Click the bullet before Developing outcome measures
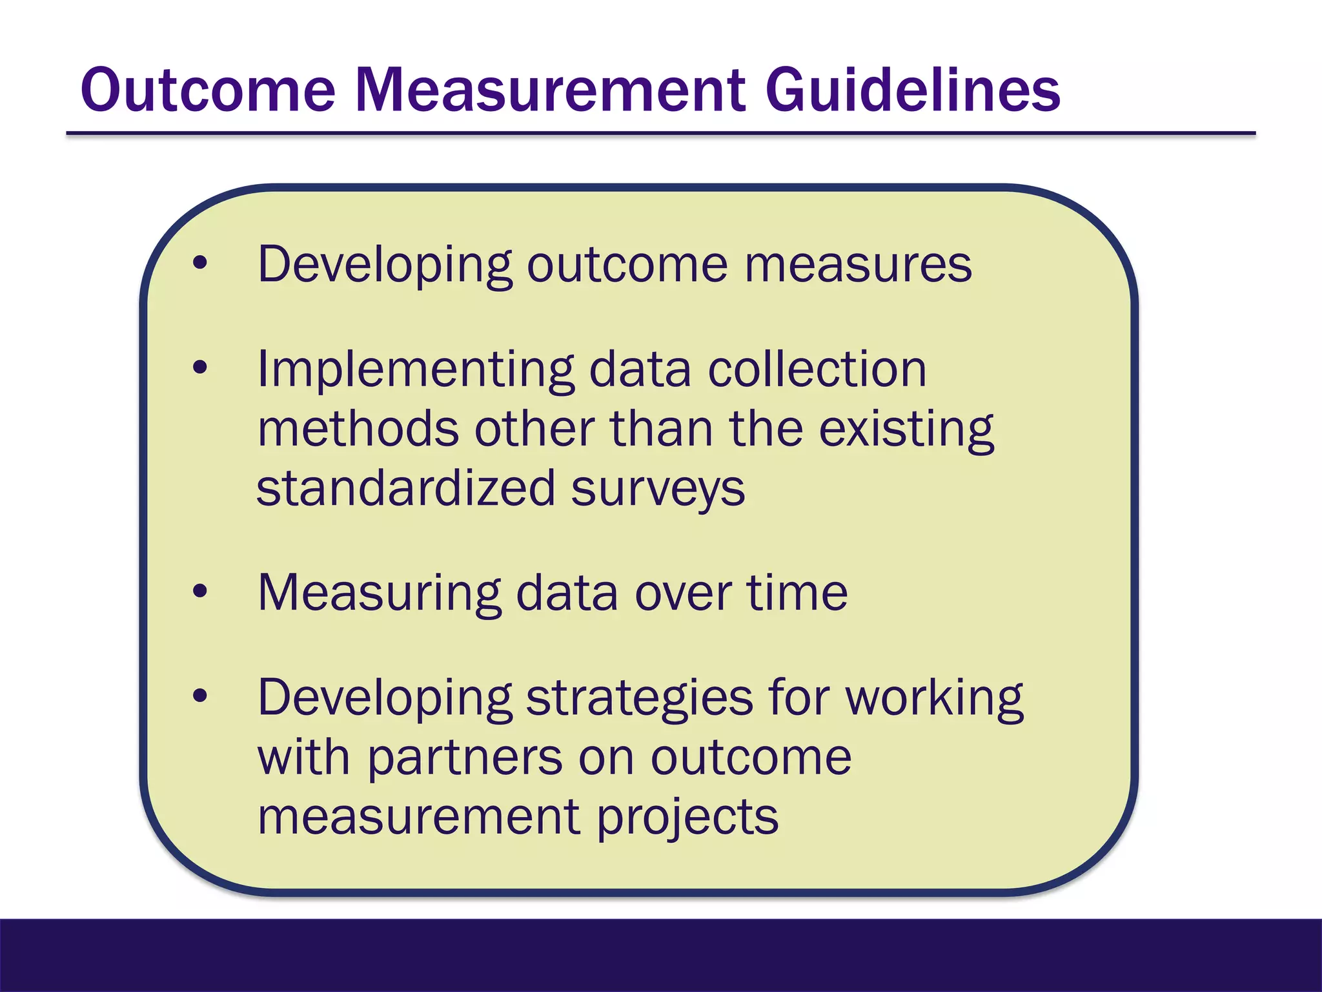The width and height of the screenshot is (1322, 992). click(x=200, y=263)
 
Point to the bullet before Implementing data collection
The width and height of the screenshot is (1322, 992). click(x=200, y=367)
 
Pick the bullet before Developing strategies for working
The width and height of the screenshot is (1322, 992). click(x=200, y=696)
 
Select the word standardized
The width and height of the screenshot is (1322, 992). click(x=405, y=488)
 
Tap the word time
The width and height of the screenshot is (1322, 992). click(x=797, y=593)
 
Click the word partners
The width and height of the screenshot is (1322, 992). click(x=465, y=758)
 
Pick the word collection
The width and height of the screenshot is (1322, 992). click(x=817, y=369)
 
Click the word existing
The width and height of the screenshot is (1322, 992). click(x=906, y=430)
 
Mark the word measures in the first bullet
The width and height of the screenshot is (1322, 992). click(x=858, y=265)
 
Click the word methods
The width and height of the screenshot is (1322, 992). click(x=358, y=429)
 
